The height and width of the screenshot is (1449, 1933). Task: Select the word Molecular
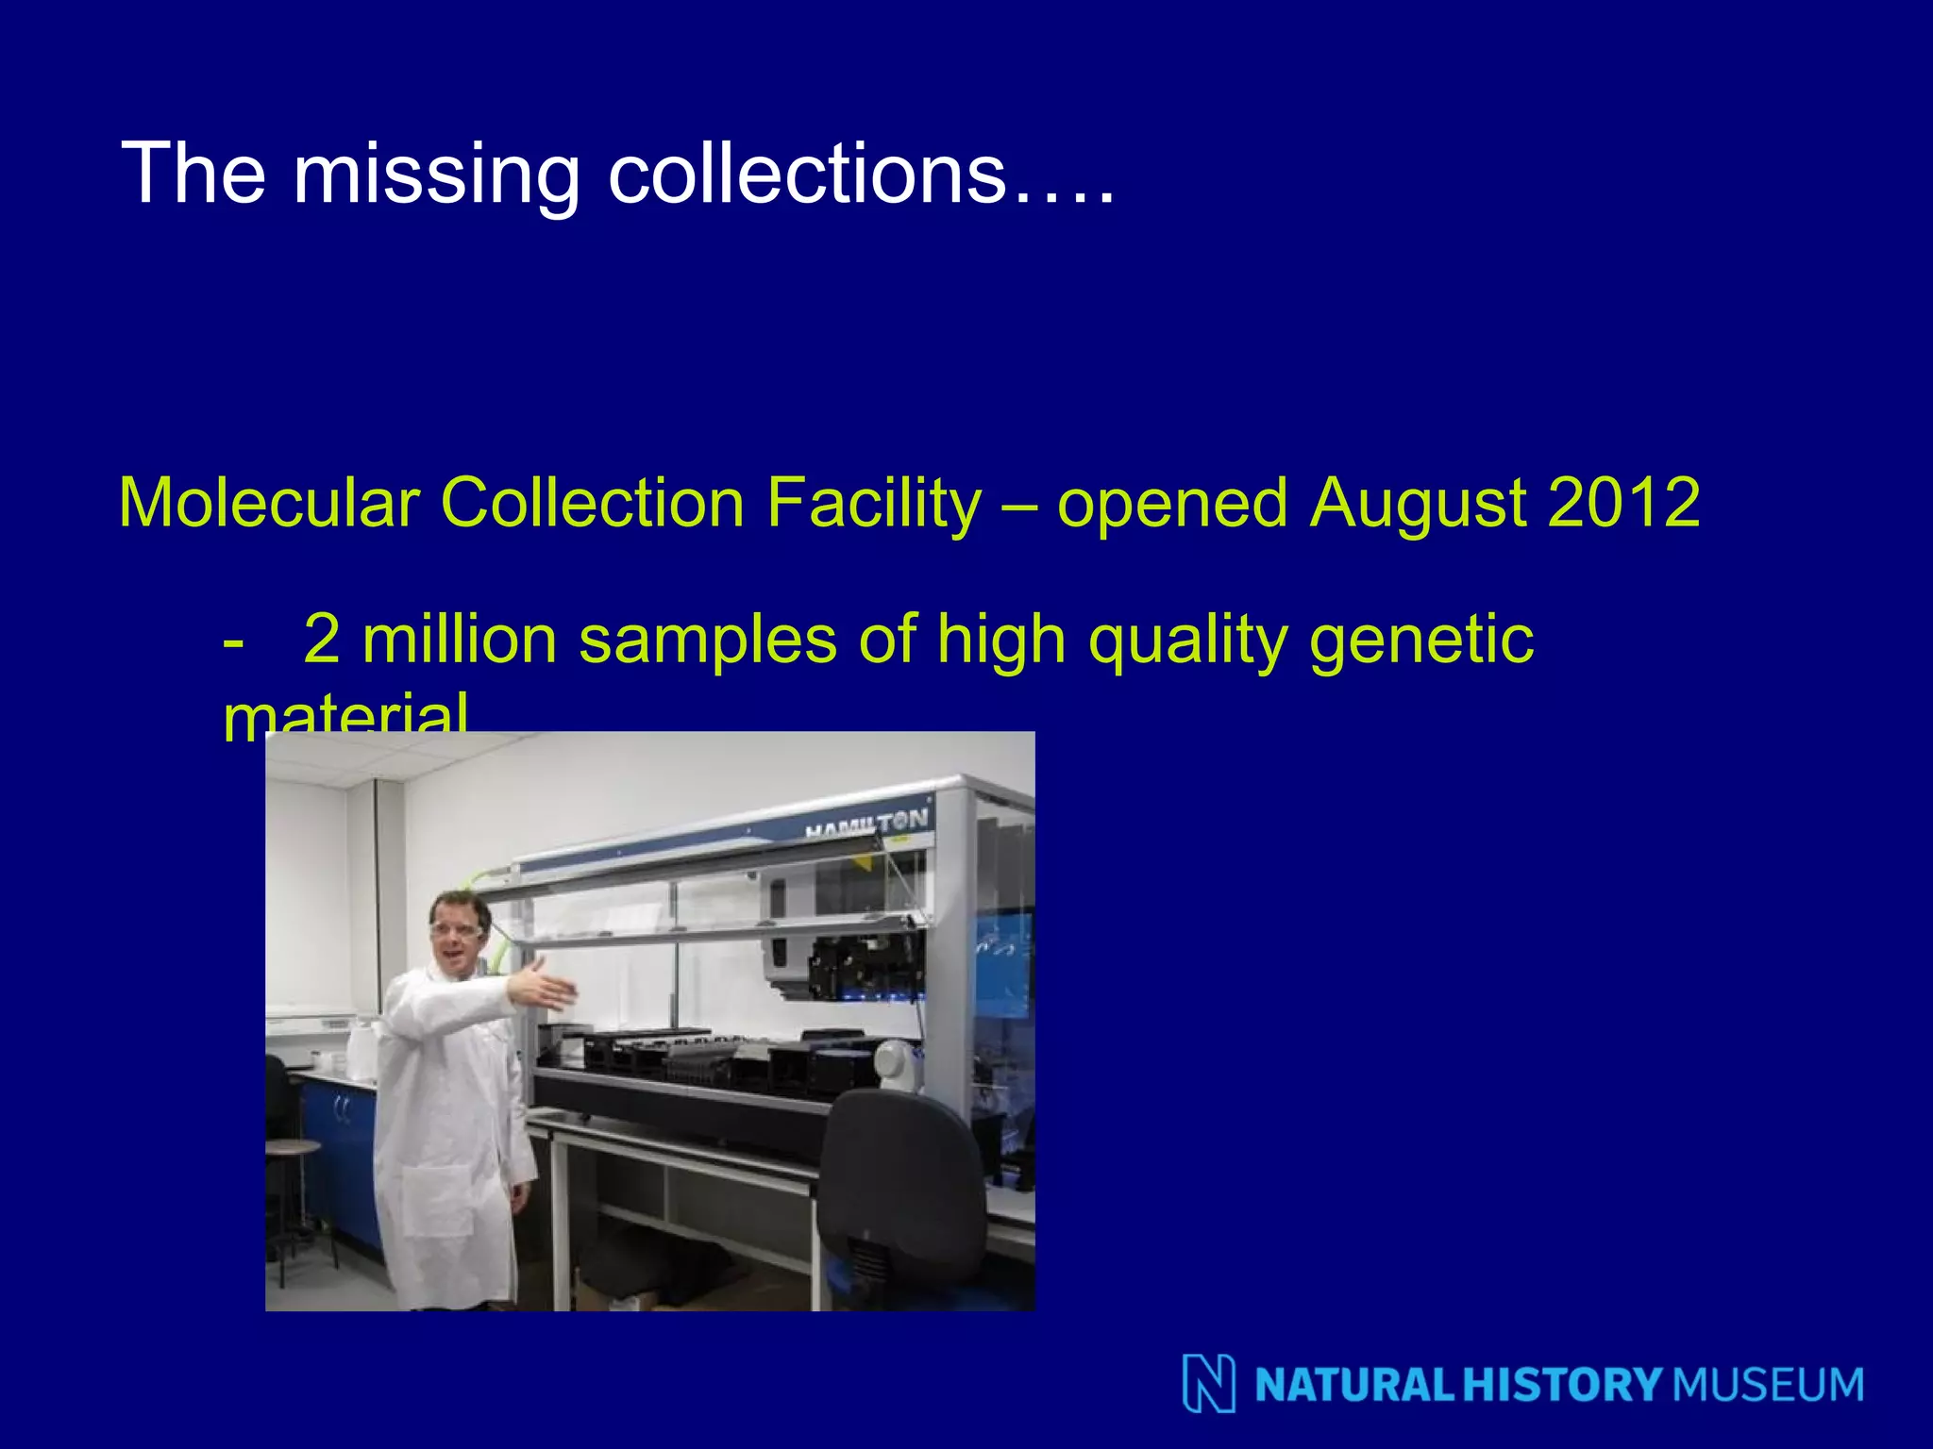click(x=269, y=503)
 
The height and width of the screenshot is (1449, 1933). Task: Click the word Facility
click(x=873, y=503)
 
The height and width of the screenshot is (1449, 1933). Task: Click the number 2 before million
click(x=322, y=640)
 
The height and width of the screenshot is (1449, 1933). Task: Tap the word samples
click(x=707, y=640)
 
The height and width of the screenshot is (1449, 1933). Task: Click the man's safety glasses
click(x=457, y=931)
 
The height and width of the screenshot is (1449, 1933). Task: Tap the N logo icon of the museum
click(x=1208, y=1384)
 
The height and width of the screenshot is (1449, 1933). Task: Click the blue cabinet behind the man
click(x=340, y=1151)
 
